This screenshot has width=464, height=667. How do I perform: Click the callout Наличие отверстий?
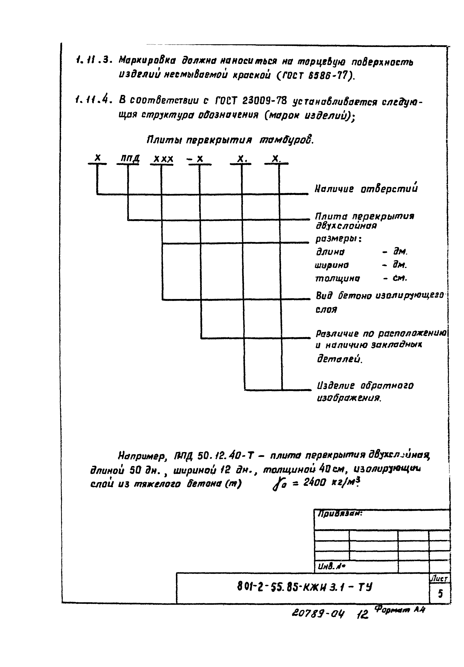366,189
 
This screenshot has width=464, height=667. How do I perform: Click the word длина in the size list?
330,252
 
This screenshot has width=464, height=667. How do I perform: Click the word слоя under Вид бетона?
326,310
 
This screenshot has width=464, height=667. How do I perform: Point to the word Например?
142,456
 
